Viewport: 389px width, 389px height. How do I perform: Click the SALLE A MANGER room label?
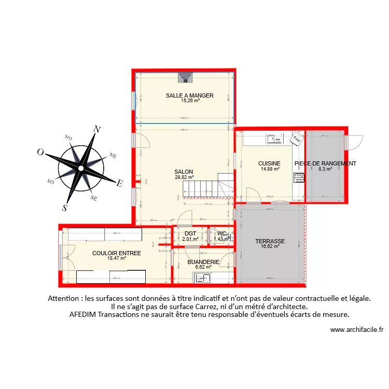190,95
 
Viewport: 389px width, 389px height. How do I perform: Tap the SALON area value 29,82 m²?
184,177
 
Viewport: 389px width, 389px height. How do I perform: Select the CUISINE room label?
269,163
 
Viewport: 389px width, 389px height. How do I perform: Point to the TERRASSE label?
270,241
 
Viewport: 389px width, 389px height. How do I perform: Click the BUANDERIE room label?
203,262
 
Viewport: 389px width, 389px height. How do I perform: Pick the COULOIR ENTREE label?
117,253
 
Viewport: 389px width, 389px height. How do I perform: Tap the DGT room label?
190,233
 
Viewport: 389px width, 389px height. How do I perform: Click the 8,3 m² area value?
325,169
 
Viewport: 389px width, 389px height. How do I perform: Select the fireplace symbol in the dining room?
185,78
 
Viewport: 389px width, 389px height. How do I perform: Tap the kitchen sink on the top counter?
274,138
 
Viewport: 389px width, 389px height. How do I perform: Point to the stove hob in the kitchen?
299,177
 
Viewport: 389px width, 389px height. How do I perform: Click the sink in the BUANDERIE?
201,279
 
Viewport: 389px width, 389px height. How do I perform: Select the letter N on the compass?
96,129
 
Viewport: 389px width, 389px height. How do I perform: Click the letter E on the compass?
119,183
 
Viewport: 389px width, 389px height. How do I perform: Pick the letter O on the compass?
40,152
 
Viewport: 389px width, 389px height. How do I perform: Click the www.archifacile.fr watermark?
356,329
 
